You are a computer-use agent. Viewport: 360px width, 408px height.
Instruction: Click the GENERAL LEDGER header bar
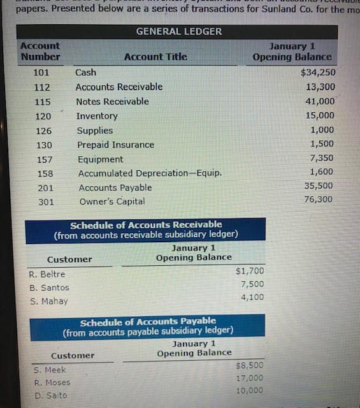(x=179, y=31)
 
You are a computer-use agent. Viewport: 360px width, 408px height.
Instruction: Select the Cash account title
(x=85, y=72)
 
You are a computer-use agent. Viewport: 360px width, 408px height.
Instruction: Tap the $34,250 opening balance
(x=317, y=72)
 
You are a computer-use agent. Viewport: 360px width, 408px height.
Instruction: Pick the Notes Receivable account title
(x=112, y=101)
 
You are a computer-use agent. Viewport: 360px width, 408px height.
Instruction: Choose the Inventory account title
(x=97, y=116)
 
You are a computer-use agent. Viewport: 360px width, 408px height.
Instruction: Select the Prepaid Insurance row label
(x=115, y=145)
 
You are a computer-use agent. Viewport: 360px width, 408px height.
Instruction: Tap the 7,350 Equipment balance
(x=321, y=157)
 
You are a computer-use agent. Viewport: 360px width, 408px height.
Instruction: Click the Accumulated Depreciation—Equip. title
(x=150, y=173)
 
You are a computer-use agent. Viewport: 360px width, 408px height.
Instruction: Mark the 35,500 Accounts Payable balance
(x=320, y=186)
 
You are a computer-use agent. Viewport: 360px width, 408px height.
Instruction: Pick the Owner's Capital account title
(x=112, y=201)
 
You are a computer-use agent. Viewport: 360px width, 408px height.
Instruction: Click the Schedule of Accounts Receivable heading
(x=146, y=229)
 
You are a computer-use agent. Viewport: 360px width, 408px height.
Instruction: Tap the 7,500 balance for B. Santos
(x=252, y=284)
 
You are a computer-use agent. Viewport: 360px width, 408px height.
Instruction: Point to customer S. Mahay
(x=48, y=301)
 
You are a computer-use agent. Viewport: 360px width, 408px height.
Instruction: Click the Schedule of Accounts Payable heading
(x=148, y=326)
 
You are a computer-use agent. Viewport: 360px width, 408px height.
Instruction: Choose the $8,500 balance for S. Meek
(x=249, y=365)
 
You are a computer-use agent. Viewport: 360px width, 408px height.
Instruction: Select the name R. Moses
(x=52, y=382)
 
